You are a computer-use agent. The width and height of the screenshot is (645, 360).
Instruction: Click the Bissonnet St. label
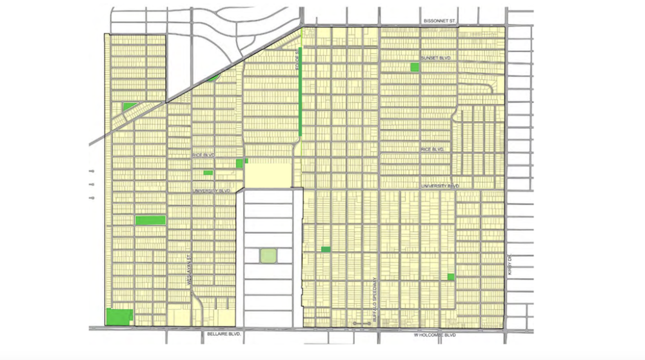pos(439,21)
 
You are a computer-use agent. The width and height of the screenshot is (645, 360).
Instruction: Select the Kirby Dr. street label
pos(509,265)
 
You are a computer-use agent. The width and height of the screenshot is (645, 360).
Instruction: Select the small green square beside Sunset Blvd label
pos(413,66)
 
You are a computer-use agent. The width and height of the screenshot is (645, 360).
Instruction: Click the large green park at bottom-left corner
pos(119,317)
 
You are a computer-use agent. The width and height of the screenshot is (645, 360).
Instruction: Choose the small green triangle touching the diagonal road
pos(213,78)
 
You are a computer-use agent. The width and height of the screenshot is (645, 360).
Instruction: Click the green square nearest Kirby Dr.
pos(451,277)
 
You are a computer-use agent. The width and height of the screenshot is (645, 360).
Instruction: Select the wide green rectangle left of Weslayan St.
pos(150,220)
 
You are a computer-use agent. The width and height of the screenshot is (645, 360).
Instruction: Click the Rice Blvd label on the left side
pos(202,156)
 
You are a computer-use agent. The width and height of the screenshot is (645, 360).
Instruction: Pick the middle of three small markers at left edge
pos(90,185)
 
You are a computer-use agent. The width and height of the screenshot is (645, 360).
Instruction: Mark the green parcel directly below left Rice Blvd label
pos(208,172)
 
